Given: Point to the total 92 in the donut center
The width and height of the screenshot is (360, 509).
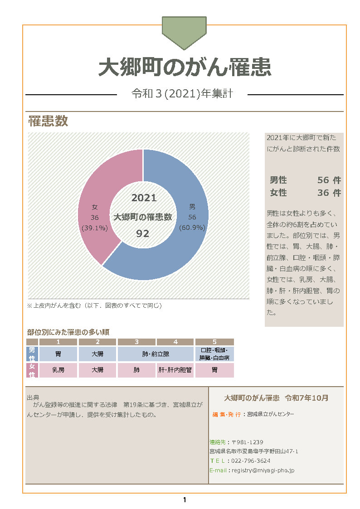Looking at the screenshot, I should [x=143, y=233].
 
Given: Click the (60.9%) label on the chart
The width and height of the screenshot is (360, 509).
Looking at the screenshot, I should [x=192, y=228].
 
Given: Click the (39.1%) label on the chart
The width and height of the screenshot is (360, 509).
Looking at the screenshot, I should [x=94, y=228].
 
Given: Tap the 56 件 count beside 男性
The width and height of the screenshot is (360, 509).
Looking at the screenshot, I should [x=329, y=180].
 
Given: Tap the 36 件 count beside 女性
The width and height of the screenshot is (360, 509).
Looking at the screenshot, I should [x=329, y=193].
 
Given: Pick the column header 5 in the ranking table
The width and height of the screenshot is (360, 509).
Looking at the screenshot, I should [x=214, y=342].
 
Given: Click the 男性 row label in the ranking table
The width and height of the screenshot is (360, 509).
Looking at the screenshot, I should [x=32, y=354].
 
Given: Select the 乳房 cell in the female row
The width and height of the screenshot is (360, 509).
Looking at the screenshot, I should [x=58, y=370].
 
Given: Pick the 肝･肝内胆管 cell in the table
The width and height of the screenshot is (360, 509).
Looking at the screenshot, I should [x=175, y=370].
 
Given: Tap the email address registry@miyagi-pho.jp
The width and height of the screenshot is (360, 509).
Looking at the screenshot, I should [x=263, y=470].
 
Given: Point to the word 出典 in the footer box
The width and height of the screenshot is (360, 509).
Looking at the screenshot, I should [x=33, y=397].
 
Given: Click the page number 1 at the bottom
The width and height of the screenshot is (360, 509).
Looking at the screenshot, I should [x=184, y=500].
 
